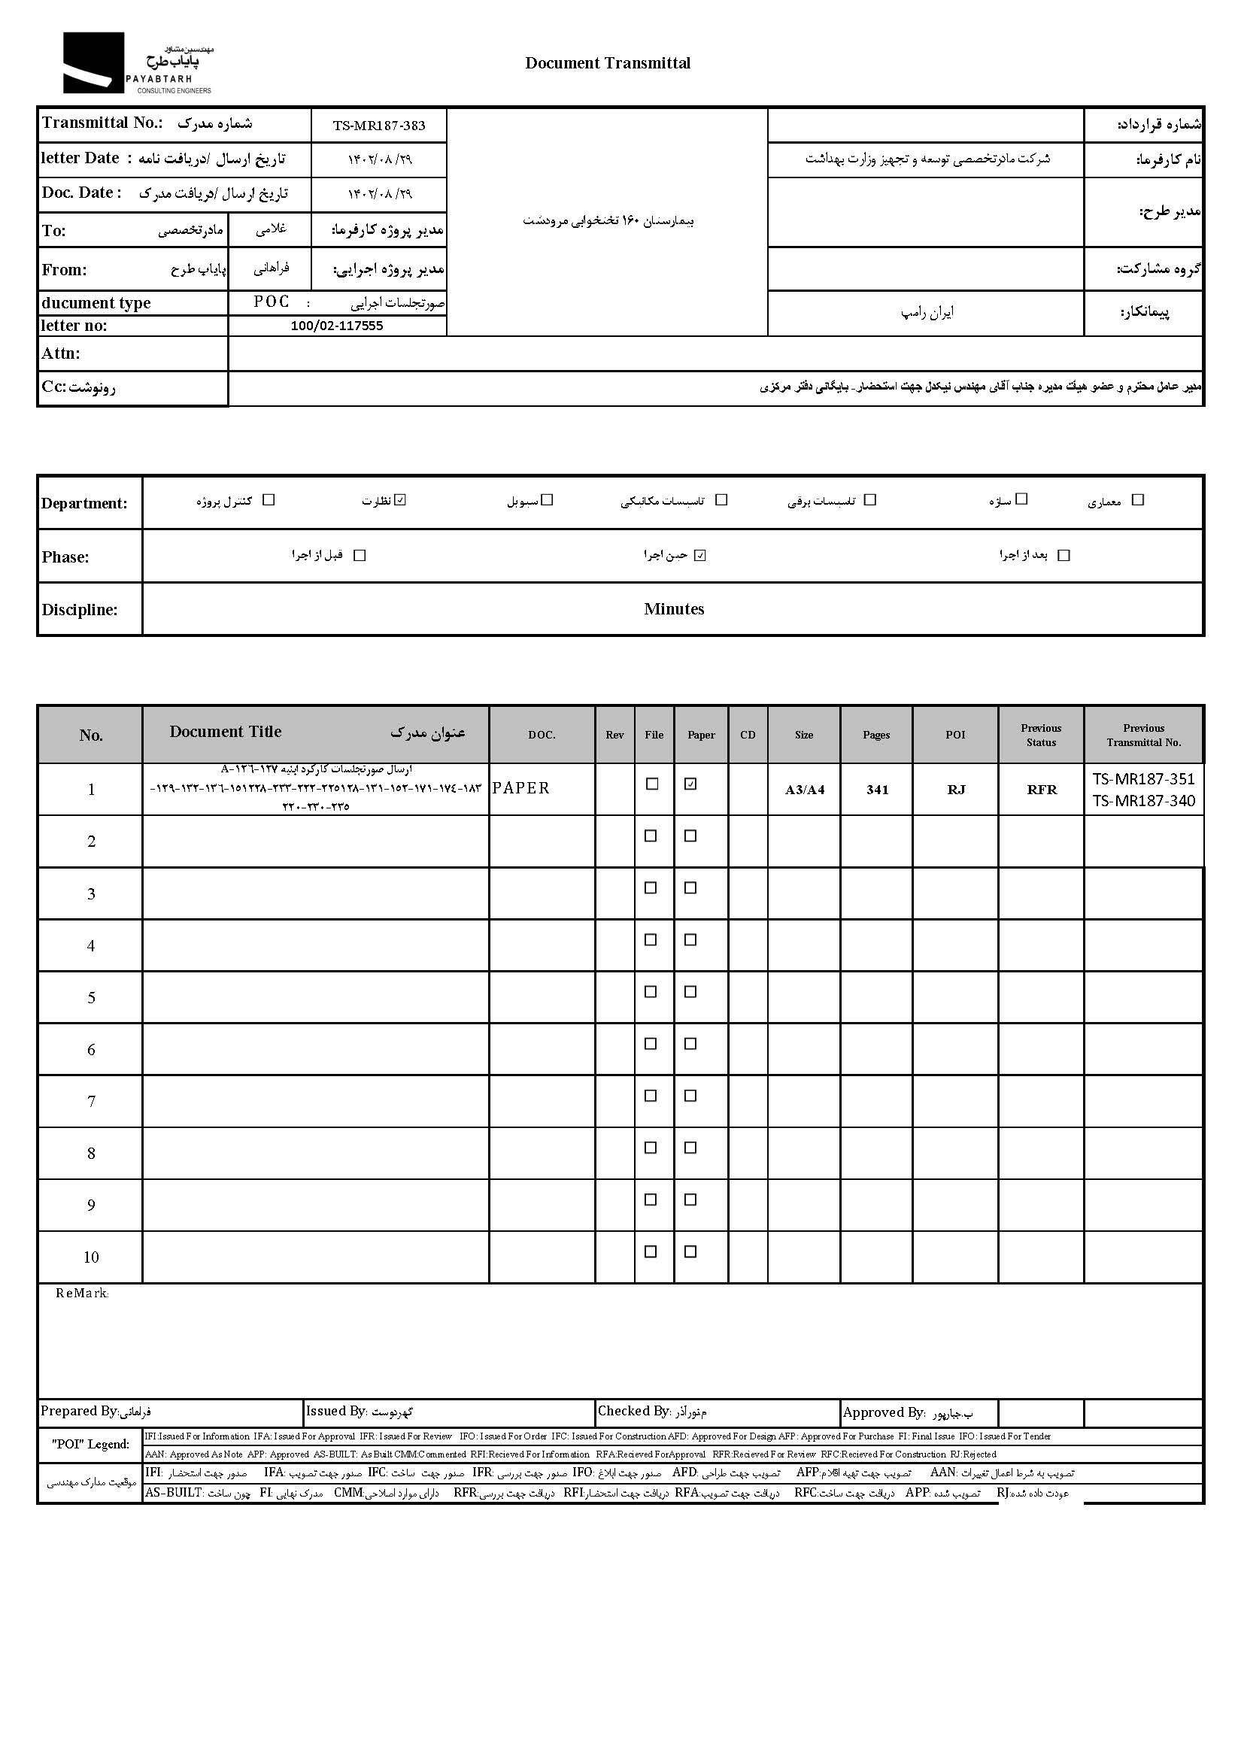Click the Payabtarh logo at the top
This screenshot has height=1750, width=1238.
point(137,63)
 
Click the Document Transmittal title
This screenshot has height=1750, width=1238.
point(608,63)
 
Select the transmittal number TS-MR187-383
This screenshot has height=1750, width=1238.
point(379,126)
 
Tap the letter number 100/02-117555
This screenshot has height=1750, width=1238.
point(337,326)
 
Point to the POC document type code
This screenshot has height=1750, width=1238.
point(272,302)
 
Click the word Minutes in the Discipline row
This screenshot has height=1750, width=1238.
point(674,609)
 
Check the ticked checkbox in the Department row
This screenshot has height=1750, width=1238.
point(401,500)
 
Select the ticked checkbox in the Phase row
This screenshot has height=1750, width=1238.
point(700,556)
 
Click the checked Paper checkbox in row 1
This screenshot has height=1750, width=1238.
point(690,784)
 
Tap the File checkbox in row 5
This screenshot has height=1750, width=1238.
point(651,992)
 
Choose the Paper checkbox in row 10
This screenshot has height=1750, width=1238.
point(690,1251)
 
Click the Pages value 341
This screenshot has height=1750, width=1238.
point(878,790)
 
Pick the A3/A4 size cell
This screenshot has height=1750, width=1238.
point(805,790)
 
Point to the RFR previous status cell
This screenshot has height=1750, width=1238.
point(1042,790)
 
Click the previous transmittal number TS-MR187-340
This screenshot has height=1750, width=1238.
point(1143,800)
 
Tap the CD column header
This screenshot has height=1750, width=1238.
point(748,735)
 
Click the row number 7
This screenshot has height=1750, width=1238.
point(92,1102)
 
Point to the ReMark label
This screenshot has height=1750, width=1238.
point(82,1294)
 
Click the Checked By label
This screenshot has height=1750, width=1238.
point(633,1411)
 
